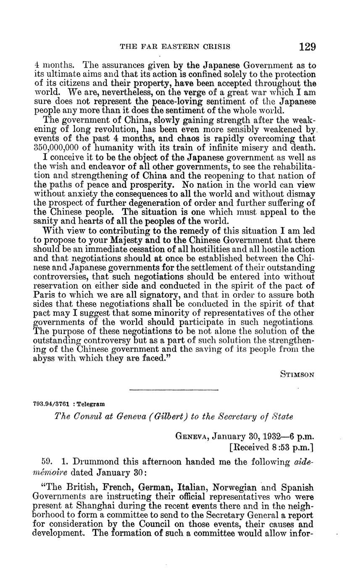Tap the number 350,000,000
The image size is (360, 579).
click(58, 147)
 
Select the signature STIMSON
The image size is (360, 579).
click(297, 375)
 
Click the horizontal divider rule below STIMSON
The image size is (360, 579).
click(174, 390)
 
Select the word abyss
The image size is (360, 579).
click(43, 359)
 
